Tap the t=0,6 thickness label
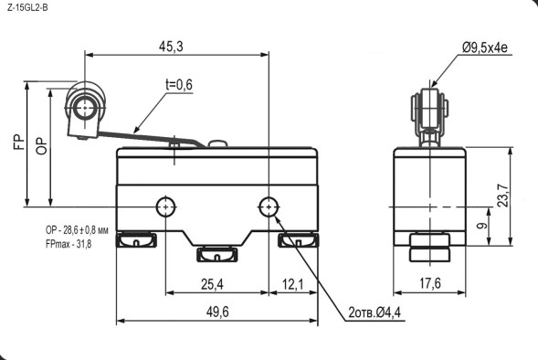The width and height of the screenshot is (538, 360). [x=179, y=85]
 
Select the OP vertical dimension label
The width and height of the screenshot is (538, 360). [x=40, y=147]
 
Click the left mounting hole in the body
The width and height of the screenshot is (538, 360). [x=165, y=206]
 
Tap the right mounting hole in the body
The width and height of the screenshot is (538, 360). [x=269, y=206]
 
